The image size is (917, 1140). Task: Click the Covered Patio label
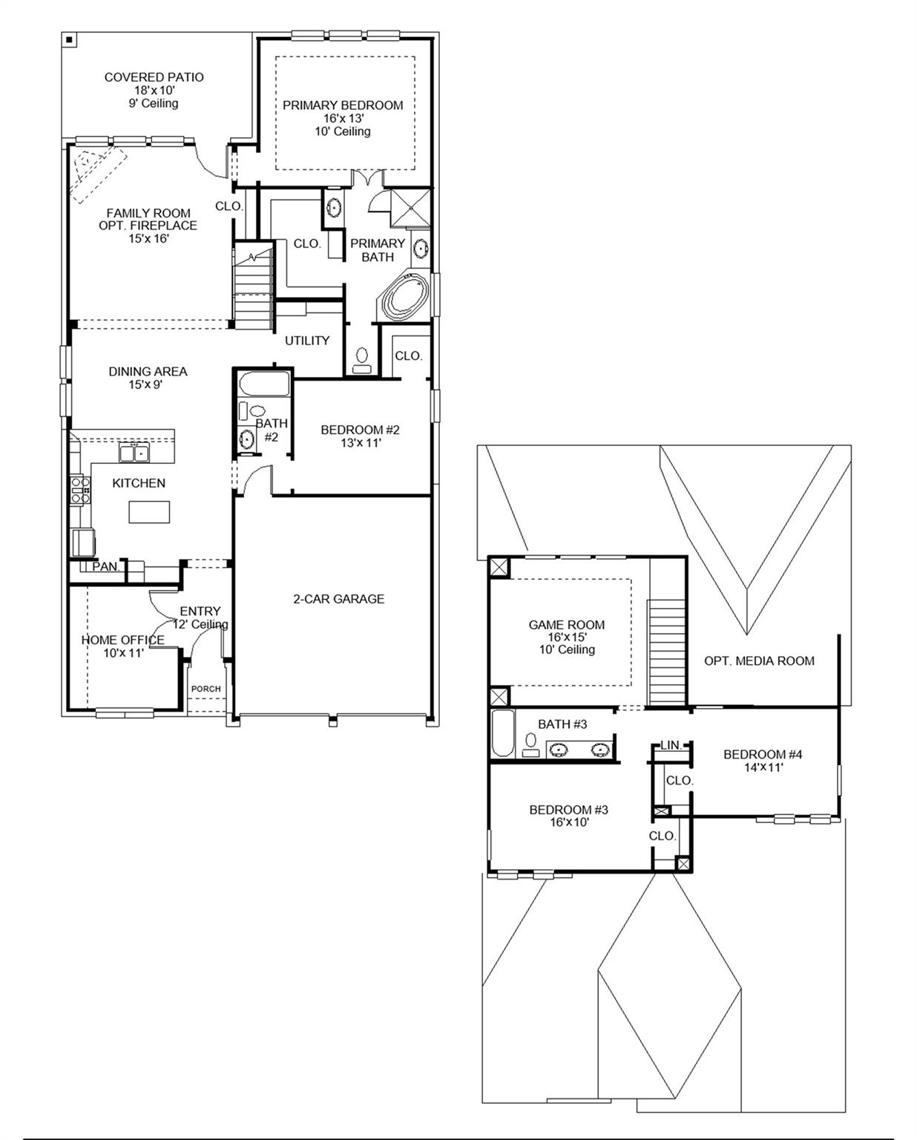pos(154,77)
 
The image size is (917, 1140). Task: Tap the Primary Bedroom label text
pos(343,105)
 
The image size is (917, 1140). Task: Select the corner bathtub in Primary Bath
pos(405,296)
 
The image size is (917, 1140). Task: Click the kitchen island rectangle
pos(149,512)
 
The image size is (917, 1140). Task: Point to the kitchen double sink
pos(134,452)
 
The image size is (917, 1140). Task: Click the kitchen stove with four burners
pos(79,491)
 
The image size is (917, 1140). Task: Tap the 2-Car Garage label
pos(338,599)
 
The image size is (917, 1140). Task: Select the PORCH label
pos(206,689)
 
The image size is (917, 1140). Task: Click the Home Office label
pos(122,640)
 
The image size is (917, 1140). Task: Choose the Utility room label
pos(307,341)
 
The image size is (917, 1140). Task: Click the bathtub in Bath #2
pos(263,384)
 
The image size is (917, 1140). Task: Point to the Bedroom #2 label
pos(360,430)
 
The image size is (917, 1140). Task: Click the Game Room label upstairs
pos(566,625)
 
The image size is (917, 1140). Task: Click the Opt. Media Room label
pos(759,661)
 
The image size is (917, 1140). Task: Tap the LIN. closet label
pos(671,744)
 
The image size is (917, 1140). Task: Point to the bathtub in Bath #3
pos(502,733)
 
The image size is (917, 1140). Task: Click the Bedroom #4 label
pos(763,755)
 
